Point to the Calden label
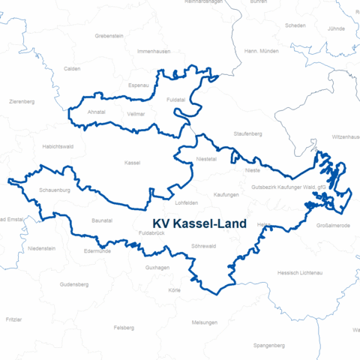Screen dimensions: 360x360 72,68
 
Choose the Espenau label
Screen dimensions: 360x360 139,85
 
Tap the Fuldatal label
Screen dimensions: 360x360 176,99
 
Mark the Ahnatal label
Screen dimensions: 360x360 97,112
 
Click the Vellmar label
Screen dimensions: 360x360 136,113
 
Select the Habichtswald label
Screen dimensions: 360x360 58,146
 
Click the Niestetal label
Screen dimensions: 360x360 205,159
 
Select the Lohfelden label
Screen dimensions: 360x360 186,202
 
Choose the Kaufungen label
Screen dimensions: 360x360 226,194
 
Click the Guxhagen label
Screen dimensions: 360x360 157,267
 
